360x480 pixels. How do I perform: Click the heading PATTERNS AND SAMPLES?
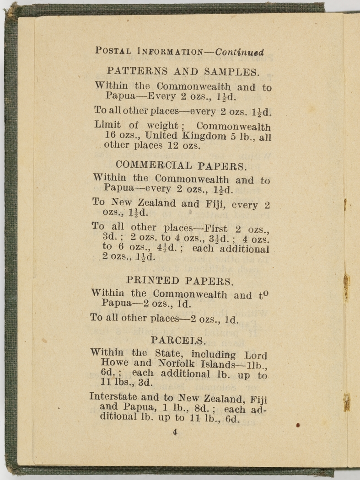183,71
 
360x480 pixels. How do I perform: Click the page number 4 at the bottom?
175,432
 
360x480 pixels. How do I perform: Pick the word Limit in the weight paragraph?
107,125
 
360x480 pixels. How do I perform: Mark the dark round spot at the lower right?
298,426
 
